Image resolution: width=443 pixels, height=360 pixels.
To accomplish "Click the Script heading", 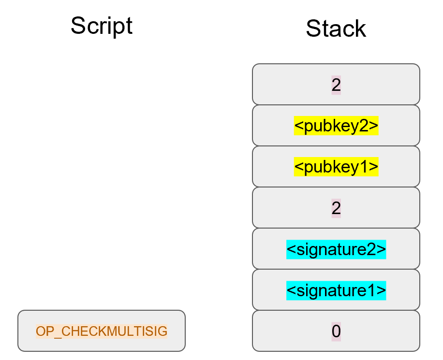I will (102, 26).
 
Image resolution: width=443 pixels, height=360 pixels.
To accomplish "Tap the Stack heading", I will (336, 29).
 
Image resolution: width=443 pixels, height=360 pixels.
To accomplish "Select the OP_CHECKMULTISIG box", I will (102, 331).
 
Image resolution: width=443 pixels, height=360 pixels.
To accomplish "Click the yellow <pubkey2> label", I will (336, 126).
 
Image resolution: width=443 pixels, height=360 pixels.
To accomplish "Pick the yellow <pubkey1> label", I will (336, 167).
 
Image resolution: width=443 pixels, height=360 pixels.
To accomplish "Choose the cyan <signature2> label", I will (336, 249).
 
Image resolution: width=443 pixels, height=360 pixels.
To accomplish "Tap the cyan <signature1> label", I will (336, 290).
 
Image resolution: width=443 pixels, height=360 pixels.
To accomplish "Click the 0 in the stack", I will (336, 331).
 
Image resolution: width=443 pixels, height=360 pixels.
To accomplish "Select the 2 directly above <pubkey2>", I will (336, 85).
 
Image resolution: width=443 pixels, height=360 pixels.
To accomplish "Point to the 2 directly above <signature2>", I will (336, 208).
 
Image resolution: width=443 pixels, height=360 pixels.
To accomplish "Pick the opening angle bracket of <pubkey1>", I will (298, 168).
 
